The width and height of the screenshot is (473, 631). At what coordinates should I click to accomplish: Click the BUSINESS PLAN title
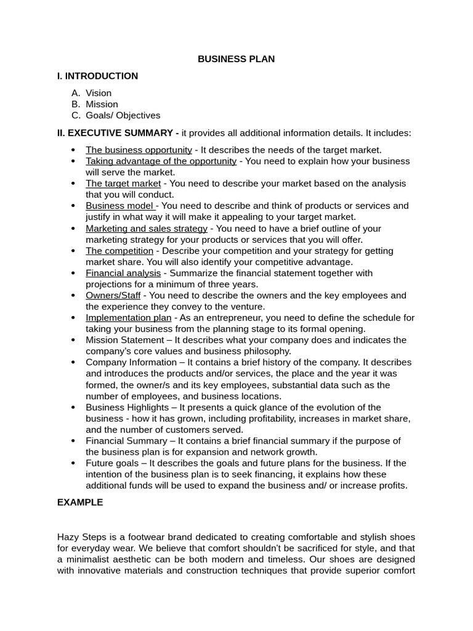(x=236, y=59)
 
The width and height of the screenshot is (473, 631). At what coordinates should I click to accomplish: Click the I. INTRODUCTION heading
(x=97, y=76)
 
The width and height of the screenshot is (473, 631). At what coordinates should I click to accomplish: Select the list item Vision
(x=99, y=93)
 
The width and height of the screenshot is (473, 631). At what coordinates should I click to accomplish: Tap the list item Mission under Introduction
(x=102, y=104)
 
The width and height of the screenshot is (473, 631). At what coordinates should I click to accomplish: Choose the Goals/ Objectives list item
(x=123, y=115)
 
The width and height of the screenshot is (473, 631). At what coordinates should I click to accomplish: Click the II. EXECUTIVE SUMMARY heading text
(x=115, y=133)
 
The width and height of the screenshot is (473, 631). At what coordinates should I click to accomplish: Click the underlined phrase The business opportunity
(x=139, y=150)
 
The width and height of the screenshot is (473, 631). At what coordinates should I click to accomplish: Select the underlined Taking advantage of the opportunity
(x=161, y=161)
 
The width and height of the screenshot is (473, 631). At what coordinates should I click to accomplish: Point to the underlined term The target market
(x=123, y=184)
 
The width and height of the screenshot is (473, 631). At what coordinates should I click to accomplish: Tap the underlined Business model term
(x=121, y=206)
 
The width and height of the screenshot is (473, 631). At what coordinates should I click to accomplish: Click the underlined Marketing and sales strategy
(x=147, y=229)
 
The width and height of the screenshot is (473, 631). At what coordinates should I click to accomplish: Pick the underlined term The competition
(x=119, y=251)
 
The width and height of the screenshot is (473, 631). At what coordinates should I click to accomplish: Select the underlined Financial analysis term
(x=123, y=273)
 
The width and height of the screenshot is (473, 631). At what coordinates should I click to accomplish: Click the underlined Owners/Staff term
(x=113, y=296)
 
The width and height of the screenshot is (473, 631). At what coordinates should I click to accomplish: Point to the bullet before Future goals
(x=73, y=463)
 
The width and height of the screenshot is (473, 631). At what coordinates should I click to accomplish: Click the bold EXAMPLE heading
(x=80, y=502)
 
